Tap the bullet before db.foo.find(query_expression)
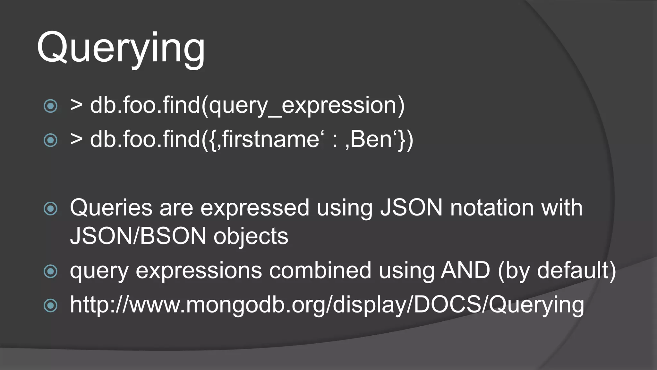click(50, 106)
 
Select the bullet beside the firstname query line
click(50, 140)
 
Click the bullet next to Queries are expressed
click(50, 208)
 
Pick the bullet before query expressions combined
click(50, 271)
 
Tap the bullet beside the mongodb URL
click(50, 305)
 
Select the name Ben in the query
click(371, 140)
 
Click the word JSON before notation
click(411, 208)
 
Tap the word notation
click(492, 208)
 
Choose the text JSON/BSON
click(138, 236)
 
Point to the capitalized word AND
click(465, 270)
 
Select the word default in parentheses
click(573, 270)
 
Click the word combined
click(320, 270)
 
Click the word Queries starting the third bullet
click(111, 208)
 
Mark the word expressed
click(255, 208)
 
